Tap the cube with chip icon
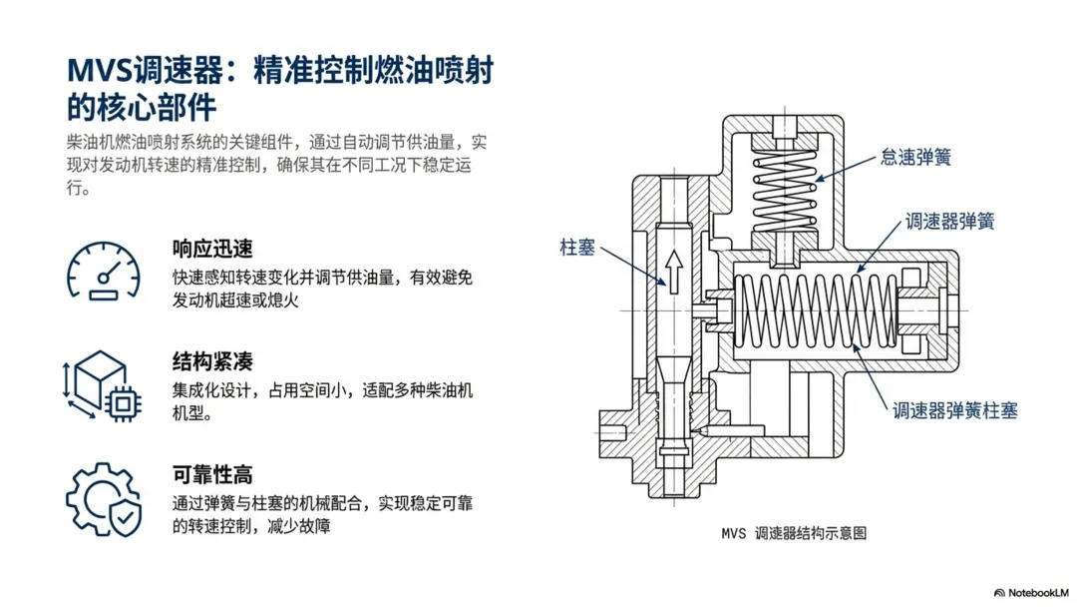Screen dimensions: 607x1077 point(102,383)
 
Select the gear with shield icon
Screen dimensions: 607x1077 point(103,498)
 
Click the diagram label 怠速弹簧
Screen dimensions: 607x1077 point(915,156)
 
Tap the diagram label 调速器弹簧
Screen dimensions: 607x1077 point(948,220)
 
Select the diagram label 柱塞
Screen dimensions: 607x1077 point(577,247)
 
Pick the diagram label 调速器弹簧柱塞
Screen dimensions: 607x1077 point(954,410)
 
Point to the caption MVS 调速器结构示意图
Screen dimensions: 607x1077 point(794,533)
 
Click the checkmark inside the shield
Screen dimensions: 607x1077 point(126,516)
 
